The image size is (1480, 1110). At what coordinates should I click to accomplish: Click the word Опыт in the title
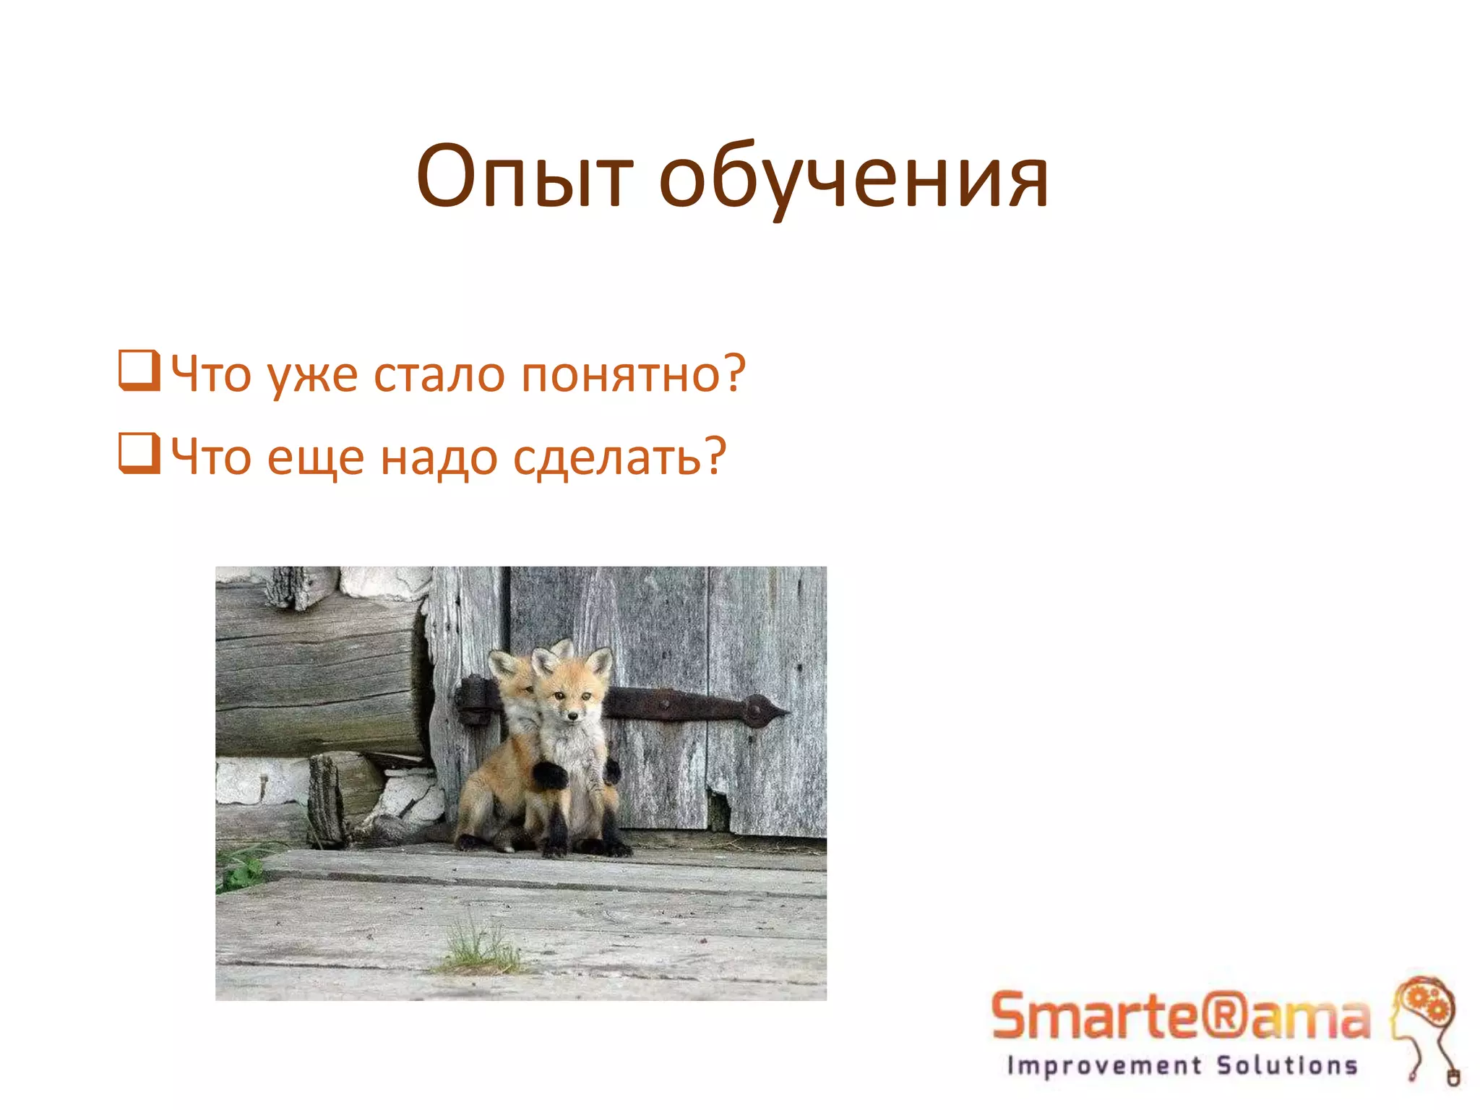[x=525, y=177]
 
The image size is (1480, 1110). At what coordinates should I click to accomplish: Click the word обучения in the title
[x=853, y=177]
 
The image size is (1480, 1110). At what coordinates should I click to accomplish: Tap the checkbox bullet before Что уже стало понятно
[x=139, y=370]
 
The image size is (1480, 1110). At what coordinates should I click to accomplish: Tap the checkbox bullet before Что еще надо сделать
[x=139, y=453]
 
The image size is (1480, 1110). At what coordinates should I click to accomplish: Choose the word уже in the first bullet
[x=312, y=375]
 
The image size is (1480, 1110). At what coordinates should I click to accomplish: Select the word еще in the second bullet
[x=315, y=457]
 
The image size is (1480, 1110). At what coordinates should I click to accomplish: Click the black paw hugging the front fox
[x=551, y=775]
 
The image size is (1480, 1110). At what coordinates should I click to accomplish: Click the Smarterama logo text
[x=1180, y=1016]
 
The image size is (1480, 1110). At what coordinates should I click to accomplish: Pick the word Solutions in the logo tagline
[x=1287, y=1066]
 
